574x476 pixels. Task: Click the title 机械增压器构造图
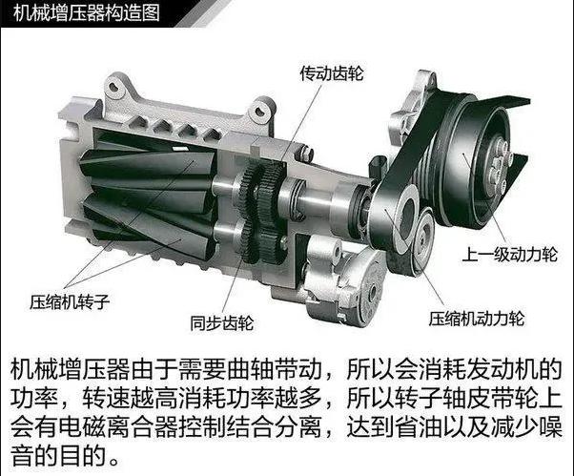[x=87, y=12]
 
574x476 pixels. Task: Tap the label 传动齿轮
[x=332, y=73]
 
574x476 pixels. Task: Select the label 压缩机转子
[x=70, y=302]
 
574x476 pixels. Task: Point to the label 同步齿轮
[x=222, y=323]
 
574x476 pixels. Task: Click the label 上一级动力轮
[x=509, y=255]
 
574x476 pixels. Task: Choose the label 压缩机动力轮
[x=477, y=319]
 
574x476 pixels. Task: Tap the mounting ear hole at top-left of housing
[x=115, y=87]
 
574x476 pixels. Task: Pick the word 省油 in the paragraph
[x=418, y=426]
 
